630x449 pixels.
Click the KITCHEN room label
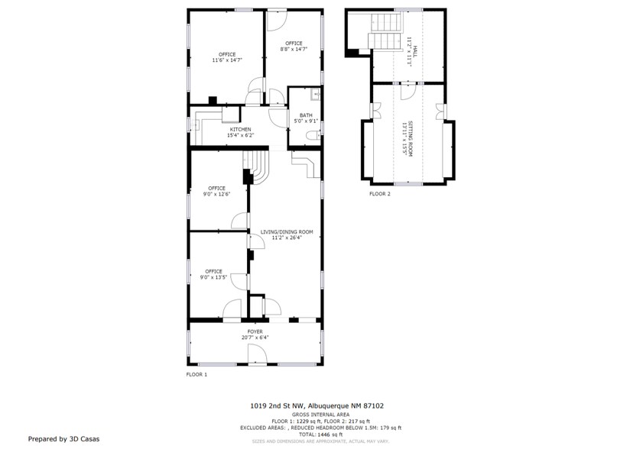tap(241, 130)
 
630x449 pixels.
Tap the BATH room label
tap(306, 116)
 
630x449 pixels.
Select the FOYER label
tap(255, 331)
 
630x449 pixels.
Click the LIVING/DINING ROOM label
tap(287, 232)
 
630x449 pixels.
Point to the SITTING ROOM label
tap(411, 138)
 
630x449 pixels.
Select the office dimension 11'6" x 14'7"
tap(227, 60)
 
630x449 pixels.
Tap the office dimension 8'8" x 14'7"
tap(294, 49)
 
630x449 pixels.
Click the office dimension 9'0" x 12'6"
tap(216, 194)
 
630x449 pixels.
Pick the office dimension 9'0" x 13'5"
tap(213, 277)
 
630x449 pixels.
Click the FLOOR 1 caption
tap(196, 375)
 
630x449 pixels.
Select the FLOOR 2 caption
tap(380, 194)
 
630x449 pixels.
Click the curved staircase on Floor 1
tap(257, 166)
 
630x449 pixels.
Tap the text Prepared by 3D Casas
tap(63, 439)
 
